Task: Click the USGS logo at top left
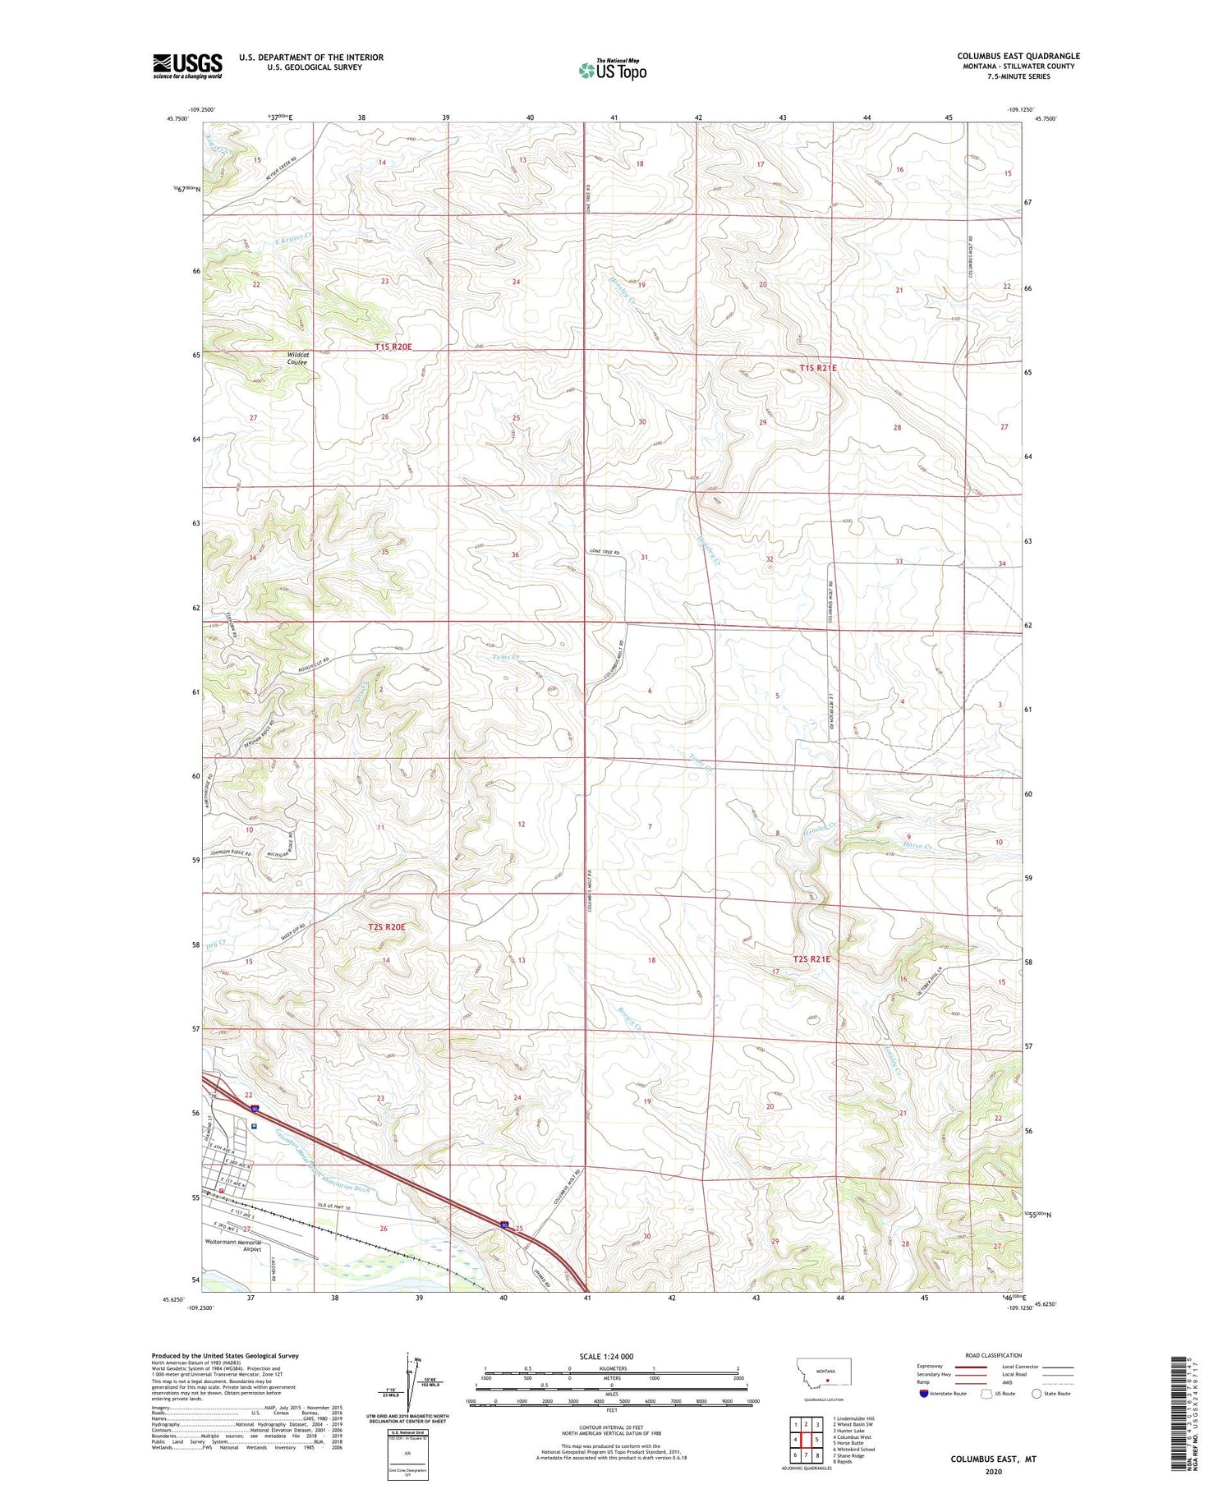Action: click(x=187, y=65)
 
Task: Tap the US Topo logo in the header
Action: click(x=612, y=70)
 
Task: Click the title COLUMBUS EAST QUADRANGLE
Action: click(x=1018, y=56)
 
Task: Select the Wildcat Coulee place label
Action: click(x=297, y=359)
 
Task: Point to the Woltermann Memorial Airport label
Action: click(x=233, y=1245)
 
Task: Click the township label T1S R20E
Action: click(x=393, y=347)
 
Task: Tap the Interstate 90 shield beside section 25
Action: click(x=503, y=1225)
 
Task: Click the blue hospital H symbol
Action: click(x=255, y=1127)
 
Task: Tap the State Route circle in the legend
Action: click(x=1037, y=1394)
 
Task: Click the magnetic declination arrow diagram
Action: click(x=408, y=1382)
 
